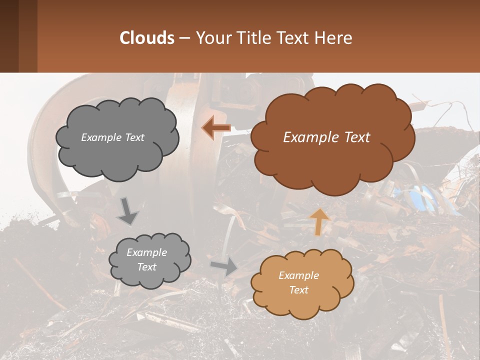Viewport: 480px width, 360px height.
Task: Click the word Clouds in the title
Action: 146,38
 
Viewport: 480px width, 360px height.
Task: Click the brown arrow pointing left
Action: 216,128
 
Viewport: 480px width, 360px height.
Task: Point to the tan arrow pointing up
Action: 319,222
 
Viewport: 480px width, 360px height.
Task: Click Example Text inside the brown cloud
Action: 326,137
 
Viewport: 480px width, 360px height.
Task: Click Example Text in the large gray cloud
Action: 112,137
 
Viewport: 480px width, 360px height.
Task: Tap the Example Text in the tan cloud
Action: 298,282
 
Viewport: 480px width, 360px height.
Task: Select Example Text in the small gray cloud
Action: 146,259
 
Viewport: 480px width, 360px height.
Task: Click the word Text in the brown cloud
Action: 353,137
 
